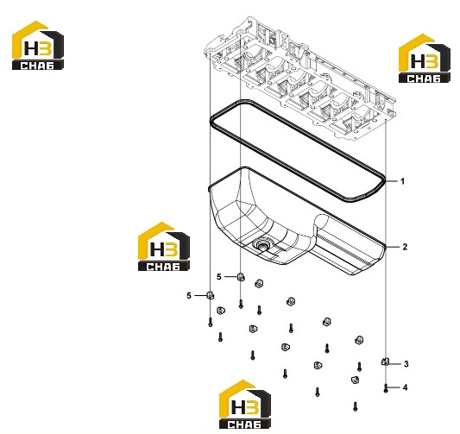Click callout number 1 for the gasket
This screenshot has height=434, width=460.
pos(402,181)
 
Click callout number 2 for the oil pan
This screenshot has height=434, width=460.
pos(405,247)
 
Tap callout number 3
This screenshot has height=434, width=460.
pos(406,364)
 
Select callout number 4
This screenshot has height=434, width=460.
pos(405,387)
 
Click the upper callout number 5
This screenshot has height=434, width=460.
pos(219,276)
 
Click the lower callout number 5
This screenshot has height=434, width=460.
pos(189,296)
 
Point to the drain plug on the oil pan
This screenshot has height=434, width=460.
pos(261,244)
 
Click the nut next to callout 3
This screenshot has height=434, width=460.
pos(385,362)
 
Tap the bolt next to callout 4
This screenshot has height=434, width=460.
pos(386,388)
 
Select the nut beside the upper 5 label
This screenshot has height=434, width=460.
pos(241,276)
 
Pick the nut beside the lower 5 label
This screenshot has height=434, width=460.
pos(210,295)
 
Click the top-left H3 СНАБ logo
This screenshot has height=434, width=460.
pos(38,45)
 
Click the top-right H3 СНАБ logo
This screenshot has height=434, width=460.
pos(425,58)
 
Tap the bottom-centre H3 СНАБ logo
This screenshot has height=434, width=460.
pos(245,404)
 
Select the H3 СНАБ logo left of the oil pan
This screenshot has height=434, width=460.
pos(164,246)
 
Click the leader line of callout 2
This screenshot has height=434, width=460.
pos(393,248)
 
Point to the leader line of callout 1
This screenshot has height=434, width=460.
pos(391,181)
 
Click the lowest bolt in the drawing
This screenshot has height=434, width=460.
pos(356,406)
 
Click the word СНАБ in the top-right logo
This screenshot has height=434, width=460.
pos(424,79)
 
